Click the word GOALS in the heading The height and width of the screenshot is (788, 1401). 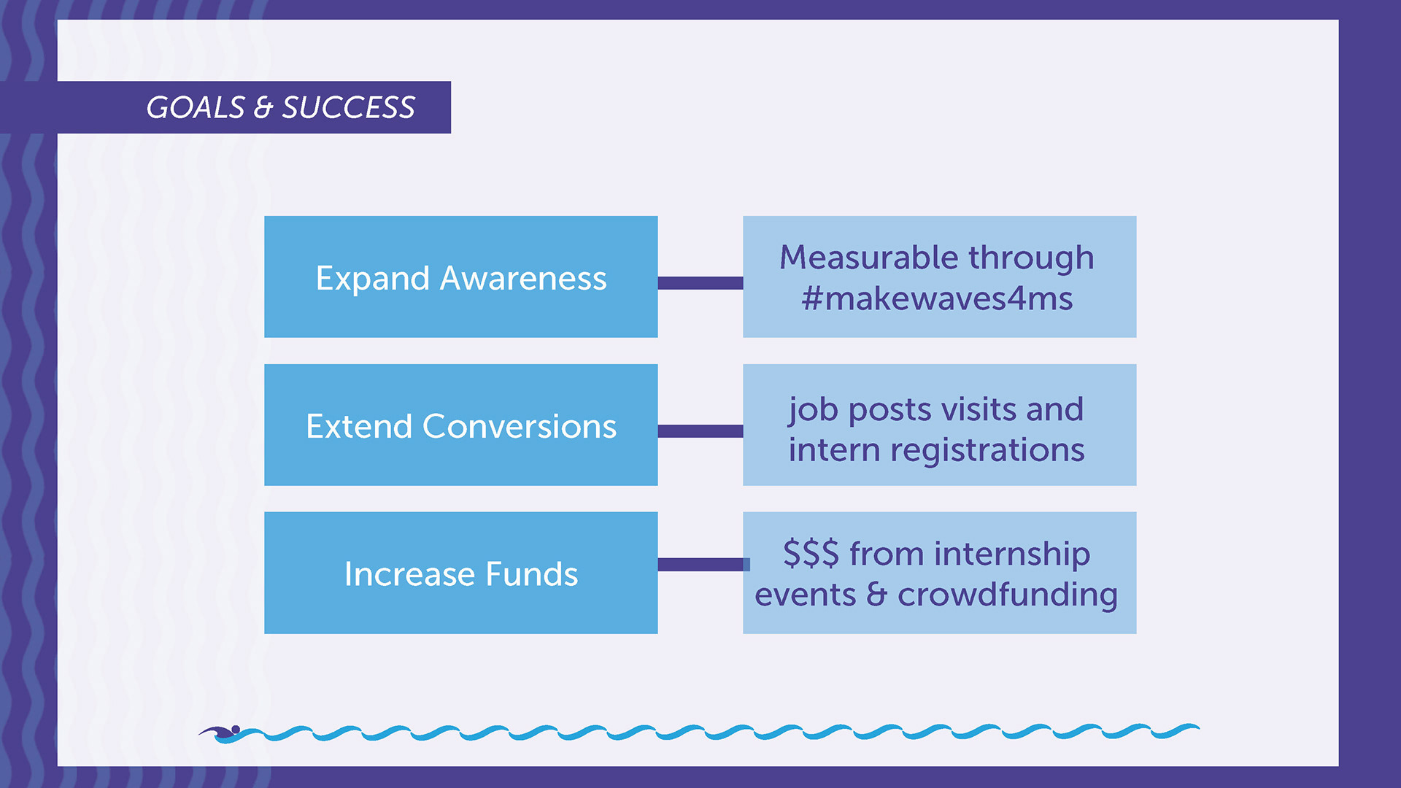pos(196,107)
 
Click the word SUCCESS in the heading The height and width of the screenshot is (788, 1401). pos(349,107)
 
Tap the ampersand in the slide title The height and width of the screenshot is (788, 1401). pos(263,108)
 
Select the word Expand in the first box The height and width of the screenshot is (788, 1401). pos(372,279)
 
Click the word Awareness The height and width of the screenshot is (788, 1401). pos(523,278)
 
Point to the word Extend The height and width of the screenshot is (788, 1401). pos(359,426)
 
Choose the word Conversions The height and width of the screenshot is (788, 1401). pos(520,426)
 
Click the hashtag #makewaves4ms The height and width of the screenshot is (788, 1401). pos(937,298)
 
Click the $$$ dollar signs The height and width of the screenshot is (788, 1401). pos(811,553)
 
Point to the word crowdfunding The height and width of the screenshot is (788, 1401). pos(1008,595)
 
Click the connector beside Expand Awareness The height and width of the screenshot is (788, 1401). pos(700,283)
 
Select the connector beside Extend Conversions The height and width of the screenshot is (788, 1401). pos(700,431)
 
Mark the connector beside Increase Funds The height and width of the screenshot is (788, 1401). pos(703,565)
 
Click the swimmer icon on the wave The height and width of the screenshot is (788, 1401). pos(220,733)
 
